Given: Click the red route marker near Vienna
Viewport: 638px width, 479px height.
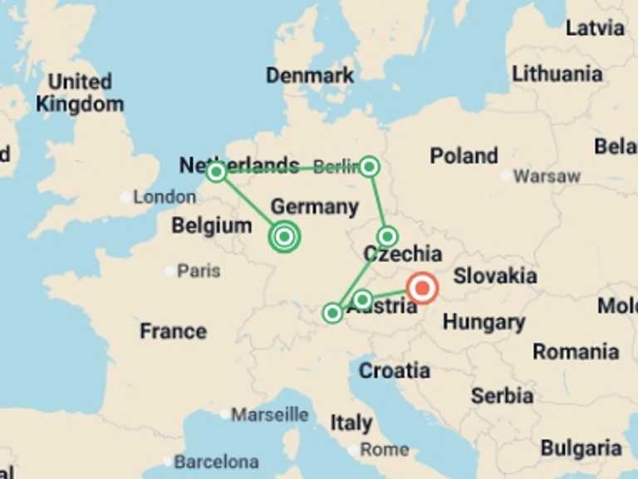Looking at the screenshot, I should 423,289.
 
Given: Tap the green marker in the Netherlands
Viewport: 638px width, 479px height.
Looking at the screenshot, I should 216,172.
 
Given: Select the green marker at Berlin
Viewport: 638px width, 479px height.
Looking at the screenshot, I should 370,167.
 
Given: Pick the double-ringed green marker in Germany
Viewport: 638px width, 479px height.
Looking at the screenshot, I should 284,237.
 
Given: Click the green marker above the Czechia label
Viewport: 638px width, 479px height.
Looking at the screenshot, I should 387,236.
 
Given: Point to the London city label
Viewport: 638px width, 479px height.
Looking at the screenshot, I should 164,197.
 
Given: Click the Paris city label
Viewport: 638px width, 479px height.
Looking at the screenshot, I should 199,270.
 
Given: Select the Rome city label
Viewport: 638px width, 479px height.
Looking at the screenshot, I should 385,449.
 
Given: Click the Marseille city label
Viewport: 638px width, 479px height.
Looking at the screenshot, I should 270,414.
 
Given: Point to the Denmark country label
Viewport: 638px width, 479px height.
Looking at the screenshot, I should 310,76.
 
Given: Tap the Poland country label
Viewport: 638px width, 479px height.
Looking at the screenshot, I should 464,156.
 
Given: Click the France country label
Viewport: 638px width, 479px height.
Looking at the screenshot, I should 173,331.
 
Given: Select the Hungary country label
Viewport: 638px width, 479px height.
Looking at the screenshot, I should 483,322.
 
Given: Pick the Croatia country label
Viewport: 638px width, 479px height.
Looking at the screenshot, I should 394,370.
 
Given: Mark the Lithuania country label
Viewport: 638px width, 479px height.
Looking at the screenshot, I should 557,74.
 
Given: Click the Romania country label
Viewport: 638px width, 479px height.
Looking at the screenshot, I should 576,352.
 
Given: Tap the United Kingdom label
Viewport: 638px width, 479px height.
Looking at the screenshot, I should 80,93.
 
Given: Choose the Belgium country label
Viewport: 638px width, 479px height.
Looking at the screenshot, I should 211,225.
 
